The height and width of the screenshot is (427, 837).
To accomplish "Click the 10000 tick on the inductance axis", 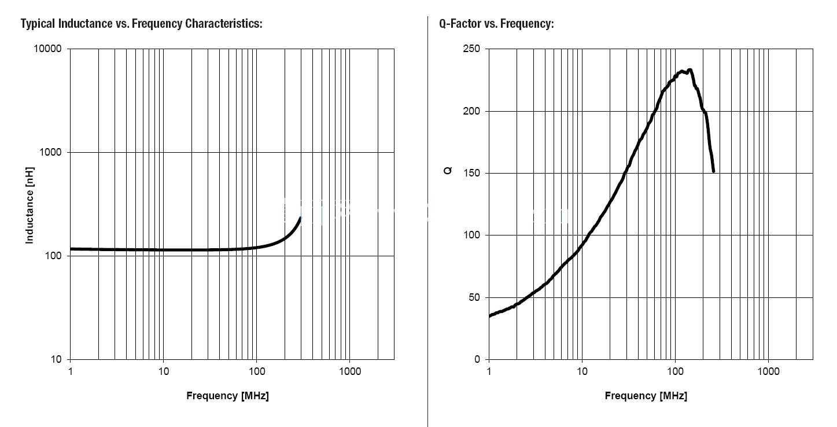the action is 47,49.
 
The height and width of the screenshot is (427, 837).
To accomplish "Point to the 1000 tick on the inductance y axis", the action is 50,152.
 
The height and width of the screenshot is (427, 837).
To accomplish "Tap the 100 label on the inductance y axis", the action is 53,256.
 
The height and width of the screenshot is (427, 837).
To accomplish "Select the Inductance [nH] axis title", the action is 30,205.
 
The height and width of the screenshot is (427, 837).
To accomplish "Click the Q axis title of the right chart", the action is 448,171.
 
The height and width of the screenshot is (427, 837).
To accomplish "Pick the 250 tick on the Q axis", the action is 471,49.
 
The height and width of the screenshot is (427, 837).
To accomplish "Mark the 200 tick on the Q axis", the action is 471,111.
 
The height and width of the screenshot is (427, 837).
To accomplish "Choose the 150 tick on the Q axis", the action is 471,173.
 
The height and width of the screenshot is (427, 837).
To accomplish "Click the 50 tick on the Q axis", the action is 474,297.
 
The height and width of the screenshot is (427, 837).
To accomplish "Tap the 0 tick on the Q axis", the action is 477,359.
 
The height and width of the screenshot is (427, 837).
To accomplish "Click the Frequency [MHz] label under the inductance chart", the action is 227,396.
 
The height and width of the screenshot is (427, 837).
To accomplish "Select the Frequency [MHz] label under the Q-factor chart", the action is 646,396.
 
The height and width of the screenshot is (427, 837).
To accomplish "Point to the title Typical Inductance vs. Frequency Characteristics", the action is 142,24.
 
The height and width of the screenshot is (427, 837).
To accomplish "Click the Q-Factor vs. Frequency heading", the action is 496,24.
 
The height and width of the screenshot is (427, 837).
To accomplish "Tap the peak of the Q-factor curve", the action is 689,70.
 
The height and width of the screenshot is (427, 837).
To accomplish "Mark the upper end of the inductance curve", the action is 300,217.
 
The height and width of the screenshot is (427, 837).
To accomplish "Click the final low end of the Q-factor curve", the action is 713,171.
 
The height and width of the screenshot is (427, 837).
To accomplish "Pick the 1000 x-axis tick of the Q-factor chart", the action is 768,371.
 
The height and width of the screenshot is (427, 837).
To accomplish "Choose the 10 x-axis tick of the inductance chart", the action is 163,371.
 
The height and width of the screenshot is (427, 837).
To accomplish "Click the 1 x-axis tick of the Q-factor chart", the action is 489,371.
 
